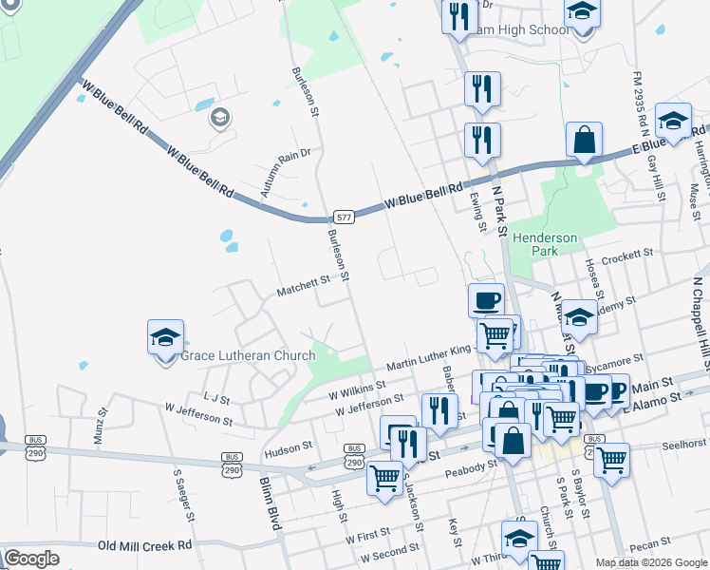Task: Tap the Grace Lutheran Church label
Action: point(247,356)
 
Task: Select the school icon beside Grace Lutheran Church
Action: point(165,337)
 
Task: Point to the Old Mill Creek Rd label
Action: point(144,545)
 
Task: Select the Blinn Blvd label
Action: point(271,500)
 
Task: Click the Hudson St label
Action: point(289,446)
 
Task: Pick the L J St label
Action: point(216,399)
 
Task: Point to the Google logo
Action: point(32,559)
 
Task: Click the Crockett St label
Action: point(623,256)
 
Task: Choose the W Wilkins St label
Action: point(356,390)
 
